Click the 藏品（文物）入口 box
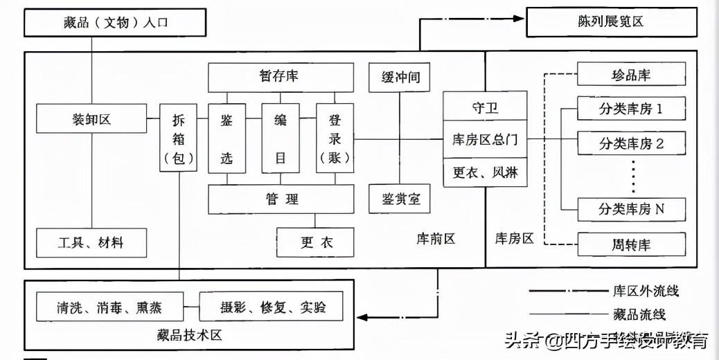(x=115, y=22)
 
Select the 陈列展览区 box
(x=611, y=22)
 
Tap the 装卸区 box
(x=91, y=118)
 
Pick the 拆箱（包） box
(x=179, y=138)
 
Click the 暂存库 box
(x=281, y=78)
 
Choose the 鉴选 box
(x=227, y=138)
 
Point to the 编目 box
(x=281, y=138)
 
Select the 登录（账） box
(x=335, y=138)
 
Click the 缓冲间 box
(x=400, y=78)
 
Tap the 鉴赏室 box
(x=400, y=199)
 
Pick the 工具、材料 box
(x=91, y=243)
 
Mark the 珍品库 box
(x=632, y=74)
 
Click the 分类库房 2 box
(x=632, y=143)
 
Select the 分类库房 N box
(x=632, y=210)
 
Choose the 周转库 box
(x=632, y=244)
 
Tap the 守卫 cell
(x=485, y=106)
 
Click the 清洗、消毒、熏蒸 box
(x=109, y=307)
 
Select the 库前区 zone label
(x=436, y=239)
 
